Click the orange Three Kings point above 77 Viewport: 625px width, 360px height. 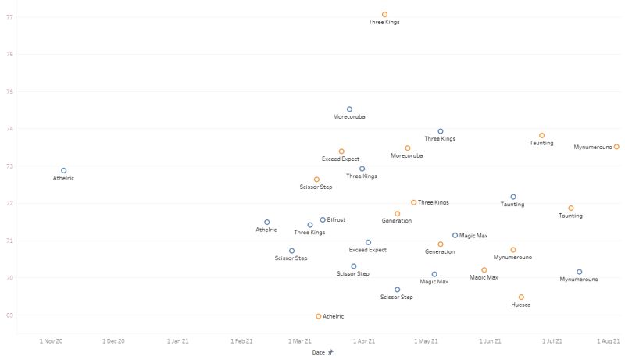[384, 14]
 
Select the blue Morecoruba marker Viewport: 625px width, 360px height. [349, 109]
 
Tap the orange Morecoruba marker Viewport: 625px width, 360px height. [407, 148]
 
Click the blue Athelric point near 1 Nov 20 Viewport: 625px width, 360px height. [64, 170]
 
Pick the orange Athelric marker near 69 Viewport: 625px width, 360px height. [318, 316]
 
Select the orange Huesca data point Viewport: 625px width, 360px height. [521, 297]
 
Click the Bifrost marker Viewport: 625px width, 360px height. [323, 219]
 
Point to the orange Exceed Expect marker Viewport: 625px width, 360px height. [341, 151]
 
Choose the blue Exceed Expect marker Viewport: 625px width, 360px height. [368, 242]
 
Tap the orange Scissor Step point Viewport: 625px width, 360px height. [316, 180]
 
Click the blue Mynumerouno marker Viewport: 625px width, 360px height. [579, 272]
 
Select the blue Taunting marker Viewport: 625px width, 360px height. [513, 197]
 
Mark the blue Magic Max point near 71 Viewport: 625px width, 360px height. [455, 235]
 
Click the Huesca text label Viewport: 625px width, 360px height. [521, 305]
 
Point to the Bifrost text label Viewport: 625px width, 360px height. [337, 220]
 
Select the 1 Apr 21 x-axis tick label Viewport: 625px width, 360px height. [363, 341]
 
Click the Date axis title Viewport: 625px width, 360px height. [319, 352]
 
